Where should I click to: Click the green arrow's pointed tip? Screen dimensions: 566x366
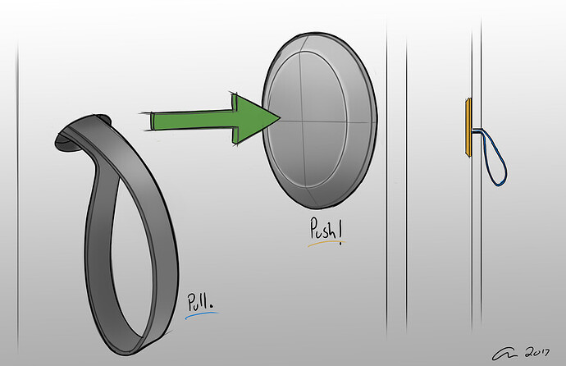pyautogui.click(x=281, y=117)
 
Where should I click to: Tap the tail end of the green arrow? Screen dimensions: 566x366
pyautogui.click(x=152, y=121)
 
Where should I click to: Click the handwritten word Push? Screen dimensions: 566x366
pyautogui.click(x=326, y=229)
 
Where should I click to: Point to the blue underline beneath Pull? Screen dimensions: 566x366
pyautogui.click(x=202, y=315)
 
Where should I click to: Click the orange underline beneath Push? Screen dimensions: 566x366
pyautogui.click(x=326, y=244)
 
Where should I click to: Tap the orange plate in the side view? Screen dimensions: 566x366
pyautogui.click(x=468, y=127)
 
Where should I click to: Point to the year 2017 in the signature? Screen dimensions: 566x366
pyautogui.click(x=537, y=353)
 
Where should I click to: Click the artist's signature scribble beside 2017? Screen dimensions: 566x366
pyautogui.click(x=505, y=355)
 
